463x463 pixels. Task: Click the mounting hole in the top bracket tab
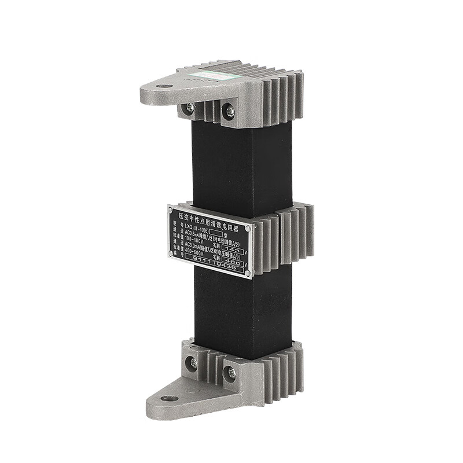(164, 86)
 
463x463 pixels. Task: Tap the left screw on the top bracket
(189, 108)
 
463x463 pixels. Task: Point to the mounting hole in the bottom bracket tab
(170, 398)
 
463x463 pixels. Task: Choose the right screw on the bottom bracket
(231, 373)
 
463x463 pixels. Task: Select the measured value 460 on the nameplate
(233, 263)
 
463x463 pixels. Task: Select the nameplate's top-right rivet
(248, 228)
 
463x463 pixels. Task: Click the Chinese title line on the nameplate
(210, 221)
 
